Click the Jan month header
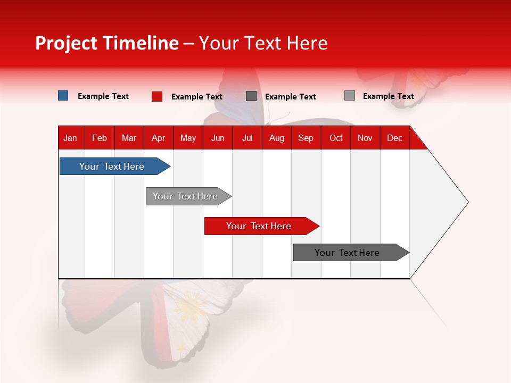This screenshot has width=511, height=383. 70,138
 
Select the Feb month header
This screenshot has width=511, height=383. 100,138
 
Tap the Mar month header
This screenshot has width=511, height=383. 129,138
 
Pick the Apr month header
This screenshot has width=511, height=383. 158,138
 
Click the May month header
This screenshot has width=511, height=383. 188,138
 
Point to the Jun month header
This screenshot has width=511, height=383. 218,138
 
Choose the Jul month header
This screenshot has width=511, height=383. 247,138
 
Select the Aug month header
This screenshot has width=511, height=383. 276,138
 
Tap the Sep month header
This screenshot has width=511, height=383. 306,138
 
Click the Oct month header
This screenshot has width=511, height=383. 336,138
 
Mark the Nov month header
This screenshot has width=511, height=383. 365,138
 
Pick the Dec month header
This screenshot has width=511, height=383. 394,138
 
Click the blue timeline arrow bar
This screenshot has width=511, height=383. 112,166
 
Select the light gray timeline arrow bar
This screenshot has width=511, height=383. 186,196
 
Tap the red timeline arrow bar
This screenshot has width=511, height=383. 259,226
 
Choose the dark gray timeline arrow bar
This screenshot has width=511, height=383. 348,253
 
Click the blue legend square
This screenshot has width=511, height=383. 63,96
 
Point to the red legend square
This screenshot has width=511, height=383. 157,96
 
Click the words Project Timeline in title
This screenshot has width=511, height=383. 107,43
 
